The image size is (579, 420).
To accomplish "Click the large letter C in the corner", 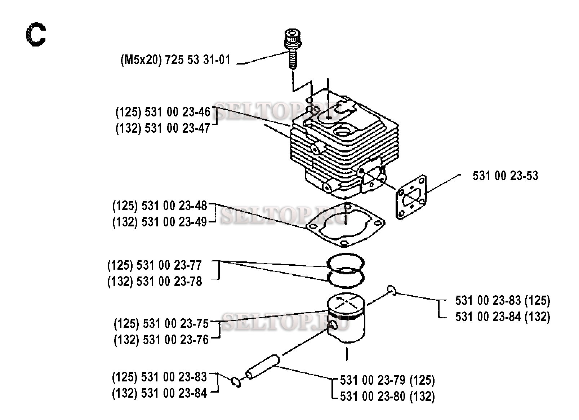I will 36,35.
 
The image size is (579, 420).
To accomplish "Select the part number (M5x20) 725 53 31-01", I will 175,60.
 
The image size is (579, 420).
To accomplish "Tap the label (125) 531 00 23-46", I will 163,112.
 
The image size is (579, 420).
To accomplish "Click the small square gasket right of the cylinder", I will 411,196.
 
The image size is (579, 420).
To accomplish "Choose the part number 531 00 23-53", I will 505,176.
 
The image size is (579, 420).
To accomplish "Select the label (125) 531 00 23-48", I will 160,206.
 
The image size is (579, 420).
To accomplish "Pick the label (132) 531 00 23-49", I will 160,222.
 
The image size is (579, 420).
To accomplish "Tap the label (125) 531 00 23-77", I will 155,265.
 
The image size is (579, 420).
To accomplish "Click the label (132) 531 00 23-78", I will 155,282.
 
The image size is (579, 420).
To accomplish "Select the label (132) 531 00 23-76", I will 161,340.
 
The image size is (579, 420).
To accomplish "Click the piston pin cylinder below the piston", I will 263,367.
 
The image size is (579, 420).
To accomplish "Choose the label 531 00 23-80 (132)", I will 387,397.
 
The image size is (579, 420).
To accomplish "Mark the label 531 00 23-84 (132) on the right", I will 503,317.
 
